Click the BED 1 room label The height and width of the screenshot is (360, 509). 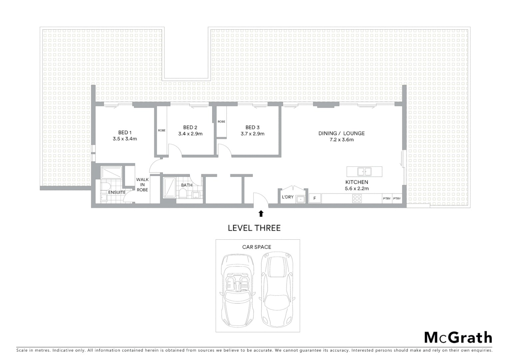click(x=125, y=133)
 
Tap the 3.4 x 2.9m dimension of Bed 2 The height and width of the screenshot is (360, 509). click(x=190, y=134)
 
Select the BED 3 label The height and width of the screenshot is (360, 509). click(x=253, y=127)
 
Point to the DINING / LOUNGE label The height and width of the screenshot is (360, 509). click(x=341, y=133)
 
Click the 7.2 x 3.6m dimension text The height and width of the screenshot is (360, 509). click(x=341, y=140)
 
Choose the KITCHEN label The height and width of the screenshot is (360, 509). click(x=357, y=182)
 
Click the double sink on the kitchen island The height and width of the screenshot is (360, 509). click(x=364, y=172)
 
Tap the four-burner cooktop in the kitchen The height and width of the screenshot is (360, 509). click(x=357, y=199)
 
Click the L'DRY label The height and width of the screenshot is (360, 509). click(x=287, y=197)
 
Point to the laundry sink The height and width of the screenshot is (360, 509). click(x=301, y=199)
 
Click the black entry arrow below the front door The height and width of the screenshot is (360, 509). click(x=261, y=213)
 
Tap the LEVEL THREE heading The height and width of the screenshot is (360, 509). click(x=254, y=228)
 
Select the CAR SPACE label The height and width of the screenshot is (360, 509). click(x=256, y=247)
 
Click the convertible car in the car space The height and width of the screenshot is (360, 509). click(x=237, y=290)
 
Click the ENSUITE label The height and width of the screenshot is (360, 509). click(x=117, y=192)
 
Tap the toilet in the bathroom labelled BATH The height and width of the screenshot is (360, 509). click(x=183, y=193)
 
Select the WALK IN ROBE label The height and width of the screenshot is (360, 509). click(x=142, y=185)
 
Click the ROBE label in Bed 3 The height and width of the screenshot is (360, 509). click(x=222, y=122)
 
